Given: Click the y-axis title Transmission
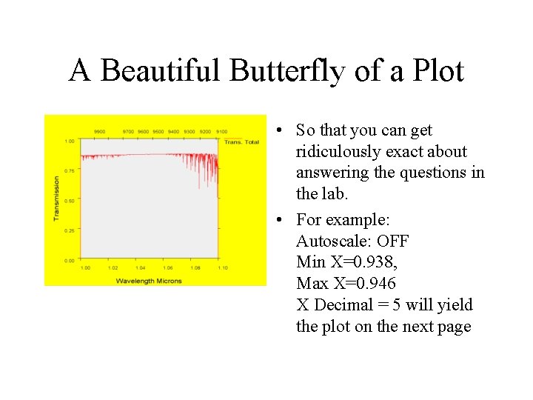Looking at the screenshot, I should pos(56,198).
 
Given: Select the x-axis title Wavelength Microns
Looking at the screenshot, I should pos(149,281).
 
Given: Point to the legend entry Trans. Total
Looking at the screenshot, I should pos(241,141).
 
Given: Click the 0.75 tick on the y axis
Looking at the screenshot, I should pos(69,170).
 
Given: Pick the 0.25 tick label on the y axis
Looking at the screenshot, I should pos(69,230).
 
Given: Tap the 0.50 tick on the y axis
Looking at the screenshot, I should pos(69,201).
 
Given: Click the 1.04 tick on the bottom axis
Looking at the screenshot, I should pos(140,267).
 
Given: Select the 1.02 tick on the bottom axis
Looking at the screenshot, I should pos(113,267).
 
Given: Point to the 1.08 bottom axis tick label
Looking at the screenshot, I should pos(195,267).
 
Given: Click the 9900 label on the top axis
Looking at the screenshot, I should pos(99,132).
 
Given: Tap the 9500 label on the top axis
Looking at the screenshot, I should pos(158,132).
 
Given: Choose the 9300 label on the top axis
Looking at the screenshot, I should pos(190,132).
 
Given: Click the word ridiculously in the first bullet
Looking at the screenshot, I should pos(339,152).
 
